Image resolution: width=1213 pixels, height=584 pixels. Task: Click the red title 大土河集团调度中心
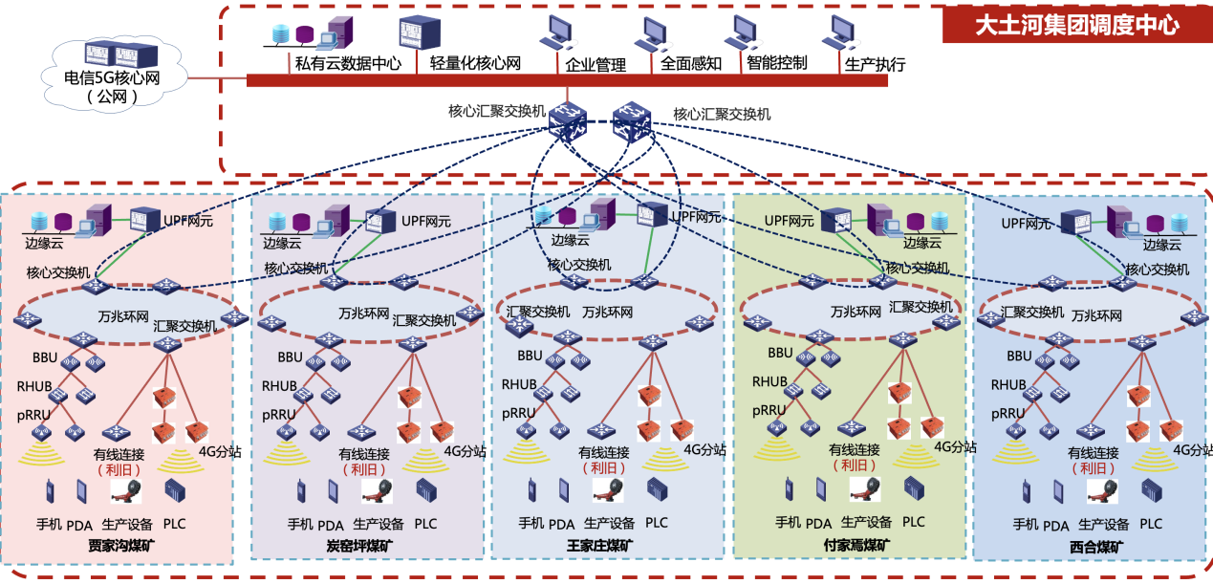pyautogui.click(x=1076, y=24)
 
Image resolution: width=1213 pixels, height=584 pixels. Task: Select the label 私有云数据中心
pyautogui.click(x=340, y=63)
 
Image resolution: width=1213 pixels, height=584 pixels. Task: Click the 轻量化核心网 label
pyautogui.click(x=475, y=63)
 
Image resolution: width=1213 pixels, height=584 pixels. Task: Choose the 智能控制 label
pyautogui.click(x=777, y=63)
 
